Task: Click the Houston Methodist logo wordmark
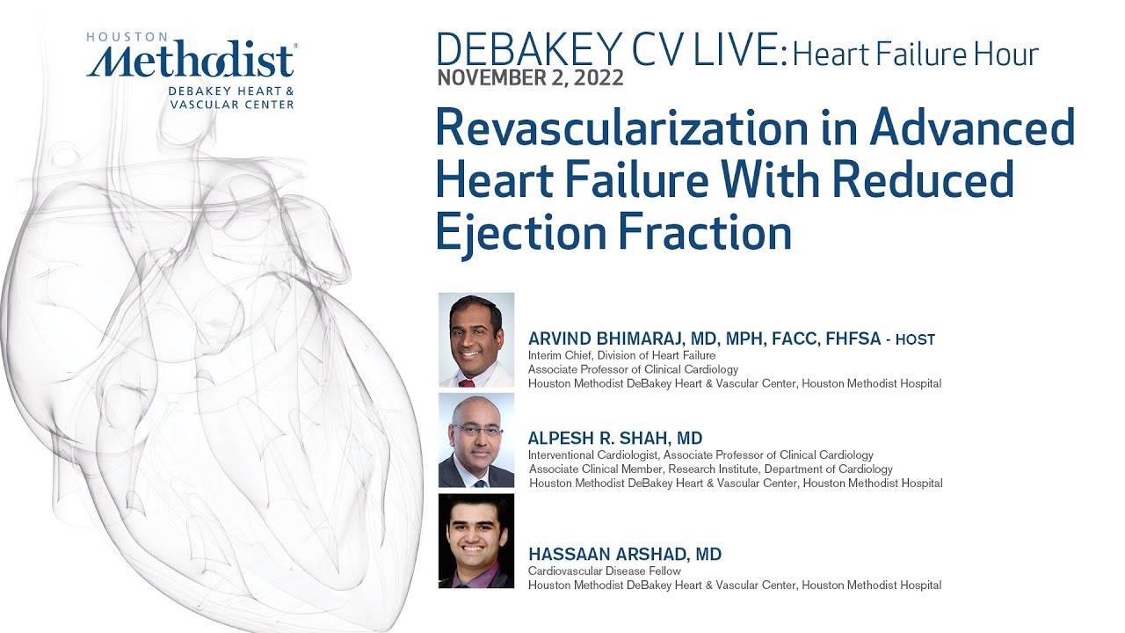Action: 192,62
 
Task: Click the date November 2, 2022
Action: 530,77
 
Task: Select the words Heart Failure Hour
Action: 915,55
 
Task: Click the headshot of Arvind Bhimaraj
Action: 475,339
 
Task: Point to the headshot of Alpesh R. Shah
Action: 475,440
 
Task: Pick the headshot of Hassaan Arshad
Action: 475,540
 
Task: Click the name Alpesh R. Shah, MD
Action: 615,438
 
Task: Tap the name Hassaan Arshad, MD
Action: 624,554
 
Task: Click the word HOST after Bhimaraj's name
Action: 915,339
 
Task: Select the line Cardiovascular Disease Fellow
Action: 604,571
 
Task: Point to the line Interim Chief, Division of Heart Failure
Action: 621,355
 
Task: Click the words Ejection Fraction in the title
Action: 613,233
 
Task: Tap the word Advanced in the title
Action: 972,128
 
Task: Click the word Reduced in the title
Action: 926,180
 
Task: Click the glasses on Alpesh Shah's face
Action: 477,430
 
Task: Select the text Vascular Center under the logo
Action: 232,104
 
